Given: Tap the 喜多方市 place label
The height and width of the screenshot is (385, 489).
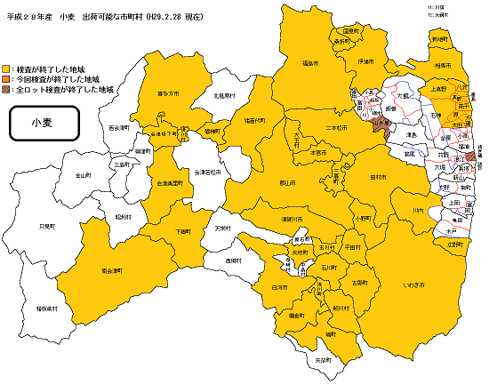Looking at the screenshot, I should [168, 92].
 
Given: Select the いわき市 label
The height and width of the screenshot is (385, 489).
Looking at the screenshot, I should [414, 285].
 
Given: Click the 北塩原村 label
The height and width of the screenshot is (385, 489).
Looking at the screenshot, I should [223, 95].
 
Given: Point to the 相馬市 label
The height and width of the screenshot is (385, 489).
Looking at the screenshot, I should [443, 67].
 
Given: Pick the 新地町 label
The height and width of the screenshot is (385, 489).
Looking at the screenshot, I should [438, 40].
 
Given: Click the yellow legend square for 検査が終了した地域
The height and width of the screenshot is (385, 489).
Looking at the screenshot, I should [7, 68].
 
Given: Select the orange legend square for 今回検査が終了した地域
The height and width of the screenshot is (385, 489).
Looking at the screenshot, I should [7, 79].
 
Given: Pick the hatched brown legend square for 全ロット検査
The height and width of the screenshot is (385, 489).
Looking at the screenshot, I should [7, 90].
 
